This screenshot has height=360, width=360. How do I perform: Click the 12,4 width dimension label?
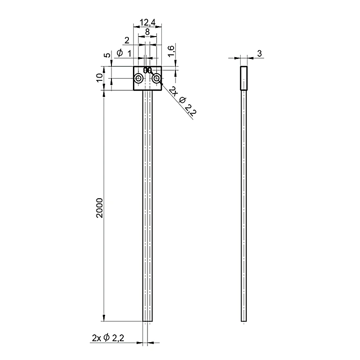pyautogui.click(x=148, y=22)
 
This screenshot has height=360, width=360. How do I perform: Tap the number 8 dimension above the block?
pyautogui.click(x=148, y=32)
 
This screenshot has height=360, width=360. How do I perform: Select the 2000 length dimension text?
pyautogui.click(x=100, y=208)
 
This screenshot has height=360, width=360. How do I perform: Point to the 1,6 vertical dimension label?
pyautogui.click(x=171, y=51)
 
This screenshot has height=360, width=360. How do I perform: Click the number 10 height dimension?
pyautogui.click(x=100, y=78)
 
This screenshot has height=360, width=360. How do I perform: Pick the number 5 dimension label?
pyautogui.click(x=107, y=55)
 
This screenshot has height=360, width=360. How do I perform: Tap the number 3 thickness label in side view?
pyautogui.click(x=259, y=53)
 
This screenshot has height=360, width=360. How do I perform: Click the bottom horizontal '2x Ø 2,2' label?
pyautogui.click(x=108, y=338)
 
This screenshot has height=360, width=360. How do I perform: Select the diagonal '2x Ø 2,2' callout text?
pyautogui.click(x=183, y=101)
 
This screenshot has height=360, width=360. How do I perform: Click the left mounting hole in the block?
pyautogui.click(x=139, y=79)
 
